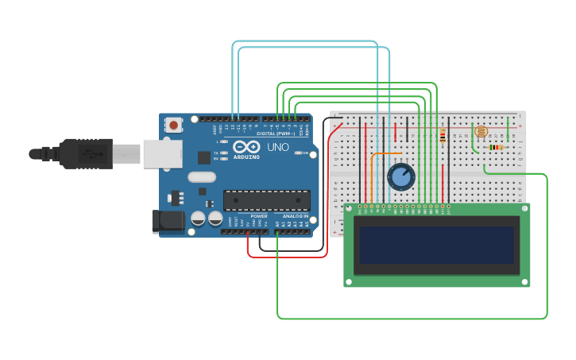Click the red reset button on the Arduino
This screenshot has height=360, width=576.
(x=173, y=125)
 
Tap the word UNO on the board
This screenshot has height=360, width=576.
(x=278, y=148)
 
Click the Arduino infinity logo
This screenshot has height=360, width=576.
(x=246, y=147)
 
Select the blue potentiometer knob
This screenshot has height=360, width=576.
(x=400, y=176)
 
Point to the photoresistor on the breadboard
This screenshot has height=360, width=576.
(x=480, y=131)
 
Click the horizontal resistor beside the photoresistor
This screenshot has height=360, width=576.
(x=497, y=147)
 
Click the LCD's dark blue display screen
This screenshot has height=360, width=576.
(x=436, y=245)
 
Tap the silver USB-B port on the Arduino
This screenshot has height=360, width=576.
(x=162, y=153)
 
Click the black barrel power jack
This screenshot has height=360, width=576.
(x=168, y=221)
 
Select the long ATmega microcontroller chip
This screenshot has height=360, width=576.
(x=266, y=200)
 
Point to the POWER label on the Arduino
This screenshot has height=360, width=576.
(x=259, y=216)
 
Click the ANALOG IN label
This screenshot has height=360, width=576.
(x=293, y=216)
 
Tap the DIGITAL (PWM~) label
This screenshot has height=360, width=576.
(x=275, y=134)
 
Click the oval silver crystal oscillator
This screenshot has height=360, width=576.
(x=203, y=177)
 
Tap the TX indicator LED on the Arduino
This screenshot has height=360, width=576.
(x=224, y=153)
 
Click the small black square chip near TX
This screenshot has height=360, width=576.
(x=204, y=157)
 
